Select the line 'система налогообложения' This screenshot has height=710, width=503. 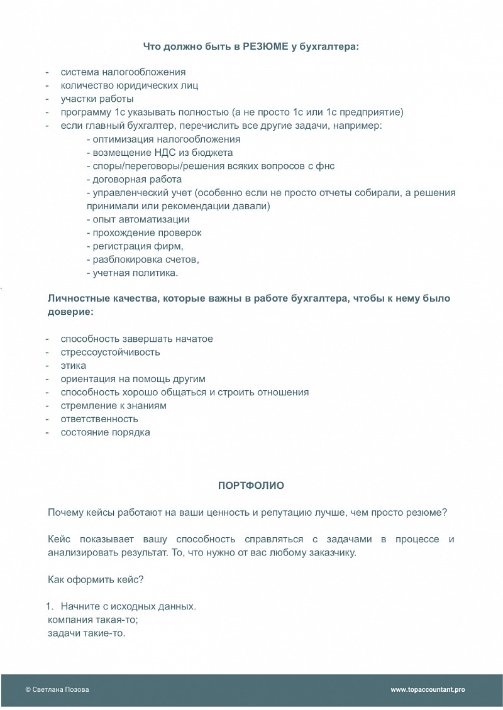tap(123, 72)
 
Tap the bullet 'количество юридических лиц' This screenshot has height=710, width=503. tap(130, 85)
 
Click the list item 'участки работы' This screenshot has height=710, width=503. tap(97, 99)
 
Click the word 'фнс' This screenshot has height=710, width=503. tap(326, 166)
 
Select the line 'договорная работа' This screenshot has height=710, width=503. tap(134, 179)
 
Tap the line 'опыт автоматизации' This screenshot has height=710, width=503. tap(138, 219)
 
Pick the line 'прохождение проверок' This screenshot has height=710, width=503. tap(144, 232)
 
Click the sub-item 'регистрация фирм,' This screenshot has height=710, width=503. tap(135, 246)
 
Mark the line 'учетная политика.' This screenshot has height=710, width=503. tap(132, 273)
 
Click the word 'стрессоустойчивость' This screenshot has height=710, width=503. tap(110, 352)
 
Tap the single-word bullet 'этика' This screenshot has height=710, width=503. tap(74, 365)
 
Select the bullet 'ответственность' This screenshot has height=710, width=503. tap(99, 418)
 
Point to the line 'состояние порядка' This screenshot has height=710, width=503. tap(105, 432)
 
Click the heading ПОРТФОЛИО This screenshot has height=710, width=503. tap(251, 486)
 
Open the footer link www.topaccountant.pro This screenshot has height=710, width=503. tap(428, 689)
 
